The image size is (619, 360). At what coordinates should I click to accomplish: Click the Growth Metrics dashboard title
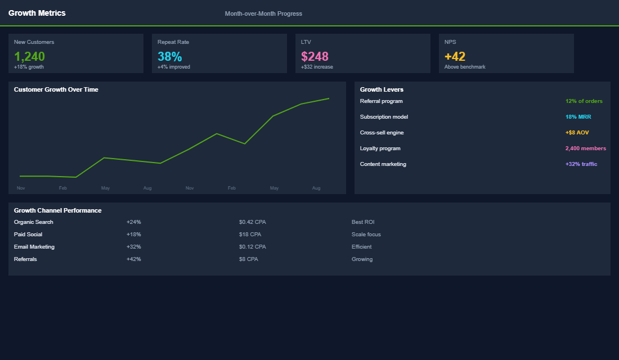[x=37, y=13]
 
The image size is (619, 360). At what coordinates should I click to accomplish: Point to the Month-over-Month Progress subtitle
[x=263, y=13]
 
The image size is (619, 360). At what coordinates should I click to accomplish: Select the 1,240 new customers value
[x=29, y=56]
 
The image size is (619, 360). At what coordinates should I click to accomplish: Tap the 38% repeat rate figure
[x=169, y=56]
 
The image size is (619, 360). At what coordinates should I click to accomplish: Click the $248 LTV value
[x=315, y=56]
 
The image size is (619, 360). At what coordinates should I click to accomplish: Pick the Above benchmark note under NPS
[x=465, y=67]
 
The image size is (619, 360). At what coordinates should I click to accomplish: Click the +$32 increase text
[x=317, y=67]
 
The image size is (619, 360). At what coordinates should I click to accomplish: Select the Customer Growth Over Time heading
[x=56, y=89]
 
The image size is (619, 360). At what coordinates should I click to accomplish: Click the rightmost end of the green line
[x=329, y=98]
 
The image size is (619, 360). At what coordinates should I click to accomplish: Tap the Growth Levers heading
[x=382, y=89]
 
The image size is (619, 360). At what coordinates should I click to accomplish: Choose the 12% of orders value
[x=584, y=101]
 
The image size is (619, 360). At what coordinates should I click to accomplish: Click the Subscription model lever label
[x=384, y=117]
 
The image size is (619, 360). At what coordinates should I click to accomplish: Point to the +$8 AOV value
[x=577, y=133]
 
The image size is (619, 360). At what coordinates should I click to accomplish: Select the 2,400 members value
[x=585, y=148]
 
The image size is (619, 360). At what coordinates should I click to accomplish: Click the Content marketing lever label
[x=383, y=164]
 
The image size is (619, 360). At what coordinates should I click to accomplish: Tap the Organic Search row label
[x=34, y=222]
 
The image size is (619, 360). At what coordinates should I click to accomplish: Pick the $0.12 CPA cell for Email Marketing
[x=252, y=247]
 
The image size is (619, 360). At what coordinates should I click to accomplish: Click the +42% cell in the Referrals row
[x=134, y=259]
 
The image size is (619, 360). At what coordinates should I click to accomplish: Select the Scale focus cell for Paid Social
[x=366, y=235]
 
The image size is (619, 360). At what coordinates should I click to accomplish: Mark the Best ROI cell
[x=363, y=222]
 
